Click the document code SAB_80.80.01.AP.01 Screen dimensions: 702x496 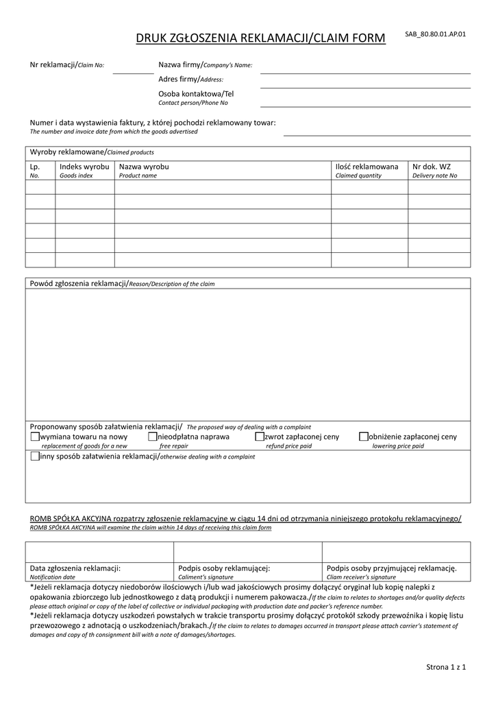pyautogui.click(x=435, y=34)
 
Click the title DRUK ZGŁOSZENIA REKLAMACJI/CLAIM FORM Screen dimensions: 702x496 pyautogui.click(x=261, y=39)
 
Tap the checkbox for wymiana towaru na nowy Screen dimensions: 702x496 pyautogui.click(x=35, y=436)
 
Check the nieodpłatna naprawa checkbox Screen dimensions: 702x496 pyautogui.click(x=152, y=436)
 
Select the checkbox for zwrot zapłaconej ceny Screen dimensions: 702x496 pyautogui.click(x=260, y=436)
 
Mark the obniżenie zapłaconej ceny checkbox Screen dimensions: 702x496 pyautogui.click(x=364, y=436)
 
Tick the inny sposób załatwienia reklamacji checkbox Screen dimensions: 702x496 pyautogui.click(x=35, y=456)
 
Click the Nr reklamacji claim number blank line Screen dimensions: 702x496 pyautogui.click(x=133, y=71)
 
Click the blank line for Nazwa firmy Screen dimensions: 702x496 pyautogui.click(x=365, y=71)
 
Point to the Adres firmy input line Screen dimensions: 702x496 pyautogui.click(x=365, y=86)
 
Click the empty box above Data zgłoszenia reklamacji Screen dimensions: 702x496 pyautogui.click(x=99, y=551)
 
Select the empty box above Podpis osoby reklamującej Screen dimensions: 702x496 pyautogui.click(x=247, y=551)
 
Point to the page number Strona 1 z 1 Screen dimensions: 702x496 pyautogui.click(x=446, y=667)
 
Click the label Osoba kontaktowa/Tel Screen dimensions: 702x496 pyautogui.click(x=196, y=93)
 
